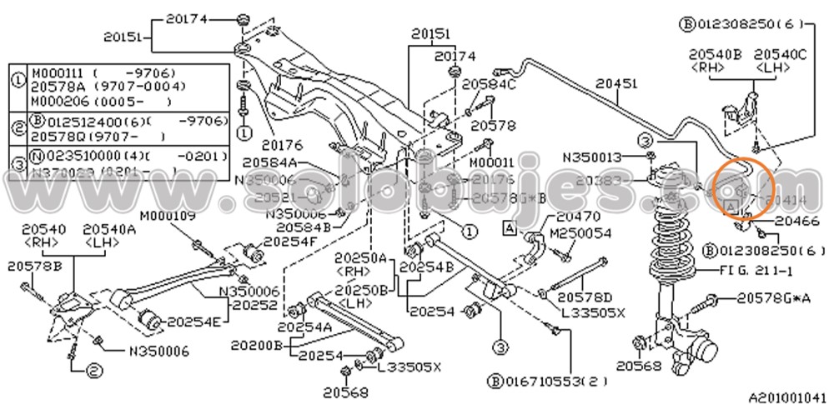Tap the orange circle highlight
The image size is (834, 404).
coord(745,187)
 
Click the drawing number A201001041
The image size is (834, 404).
coord(787,397)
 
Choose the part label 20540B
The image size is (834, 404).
coord(715,54)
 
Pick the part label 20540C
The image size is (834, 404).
coord(780,54)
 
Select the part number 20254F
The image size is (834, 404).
coord(290,242)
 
